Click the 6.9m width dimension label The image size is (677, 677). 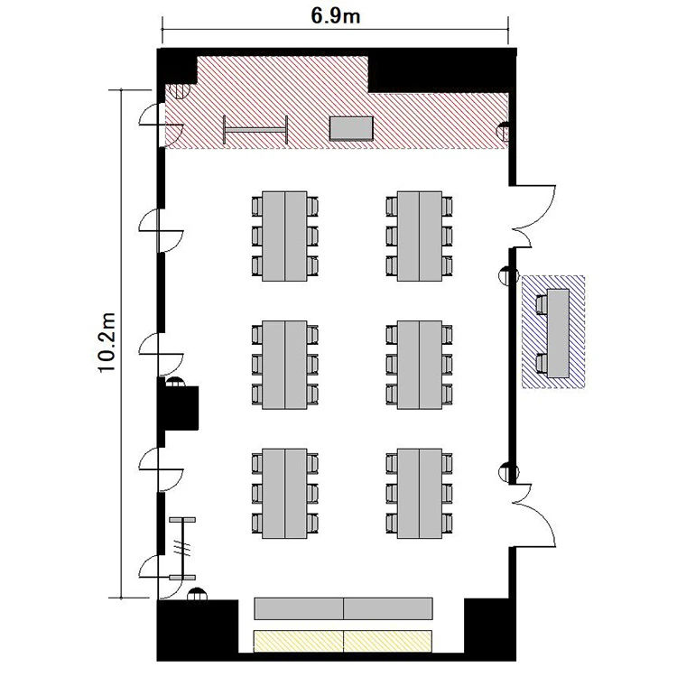(x=336, y=16)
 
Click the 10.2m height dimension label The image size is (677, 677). (x=107, y=342)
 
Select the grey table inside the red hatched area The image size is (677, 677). (x=351, y=128)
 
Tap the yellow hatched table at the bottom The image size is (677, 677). (x=343, y=641)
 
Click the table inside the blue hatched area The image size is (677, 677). (x=558, y=333)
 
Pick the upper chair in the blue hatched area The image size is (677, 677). (x=542, y=304)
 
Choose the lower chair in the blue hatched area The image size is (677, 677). (x=542, y=364)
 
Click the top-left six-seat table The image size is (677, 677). (x=284, y=236)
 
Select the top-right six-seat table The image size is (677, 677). (x=420, y=236)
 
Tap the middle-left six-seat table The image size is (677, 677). (x=284, y=365)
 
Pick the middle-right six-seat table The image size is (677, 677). (x=420, y=365)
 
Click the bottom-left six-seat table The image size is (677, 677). (x=284, y=494)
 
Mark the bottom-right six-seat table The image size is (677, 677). (x=420, y=494)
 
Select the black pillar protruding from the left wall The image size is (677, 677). (x=178, y=408)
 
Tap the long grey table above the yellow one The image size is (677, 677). (x=343, y=608)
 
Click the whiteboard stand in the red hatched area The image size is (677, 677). (x=255, y=129)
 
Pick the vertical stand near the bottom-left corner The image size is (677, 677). (x=182, y=548)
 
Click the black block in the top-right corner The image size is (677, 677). (x=442, y=70)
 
